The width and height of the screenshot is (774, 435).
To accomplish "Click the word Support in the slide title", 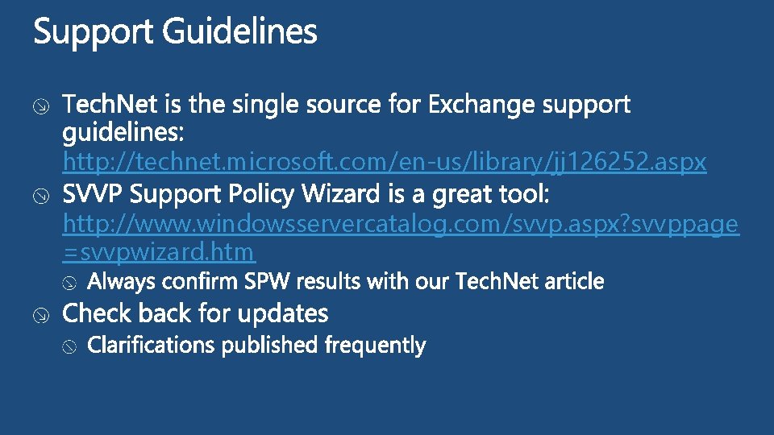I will coord(94,33).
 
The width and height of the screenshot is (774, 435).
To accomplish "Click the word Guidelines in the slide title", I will coord(239,33).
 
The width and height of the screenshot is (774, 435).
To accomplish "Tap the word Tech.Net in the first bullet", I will coord(112,105).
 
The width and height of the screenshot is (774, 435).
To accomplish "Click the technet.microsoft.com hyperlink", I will coord(385,163).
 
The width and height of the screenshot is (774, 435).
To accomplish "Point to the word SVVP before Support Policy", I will coord(95,195).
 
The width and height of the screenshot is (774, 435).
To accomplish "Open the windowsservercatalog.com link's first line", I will coord(400,224).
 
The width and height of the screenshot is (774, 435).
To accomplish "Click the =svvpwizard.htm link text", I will coord(159,252).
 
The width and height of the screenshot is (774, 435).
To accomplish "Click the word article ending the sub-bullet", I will coord(574,281).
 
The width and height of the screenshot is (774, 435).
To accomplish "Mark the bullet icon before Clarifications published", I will coord(70,347).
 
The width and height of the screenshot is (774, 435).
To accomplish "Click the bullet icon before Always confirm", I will coord(70,283).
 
